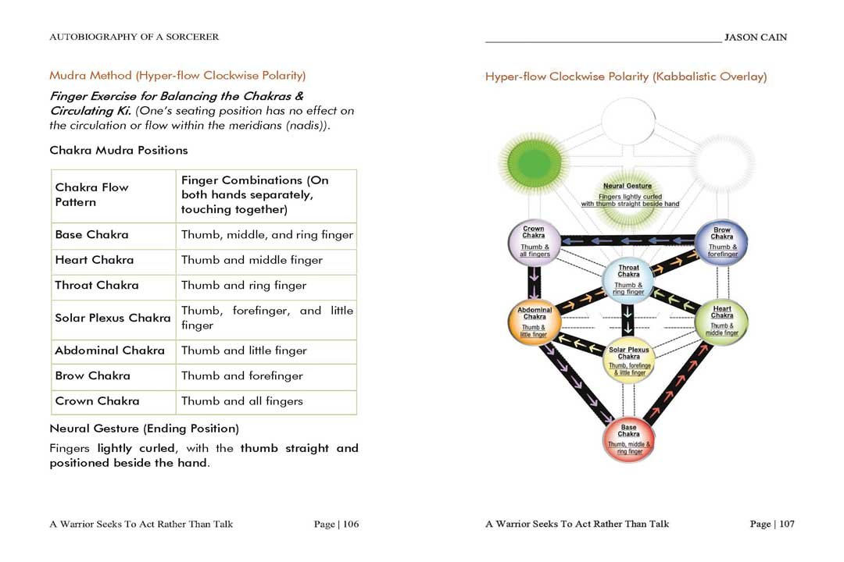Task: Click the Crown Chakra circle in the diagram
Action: pos(535,242)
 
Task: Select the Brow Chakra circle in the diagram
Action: pos(721,242)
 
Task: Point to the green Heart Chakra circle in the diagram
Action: pos(721,320)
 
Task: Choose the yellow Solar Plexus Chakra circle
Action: pos(628,361)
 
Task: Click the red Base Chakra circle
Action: pos(628,439)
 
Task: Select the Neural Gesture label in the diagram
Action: pos(628,186)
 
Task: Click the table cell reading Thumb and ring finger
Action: pos(244,286)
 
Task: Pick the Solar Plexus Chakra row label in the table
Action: pos(113,318)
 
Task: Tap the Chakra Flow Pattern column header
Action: pos(91,195)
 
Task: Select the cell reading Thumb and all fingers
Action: pos(242,401)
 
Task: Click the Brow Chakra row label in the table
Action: pos(92,376)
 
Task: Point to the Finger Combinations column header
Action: pos(255,195)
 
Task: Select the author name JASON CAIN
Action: pos(756,37)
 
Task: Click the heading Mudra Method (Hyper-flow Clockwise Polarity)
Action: pos(177,76)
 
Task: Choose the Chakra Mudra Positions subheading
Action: pos(118,150)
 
